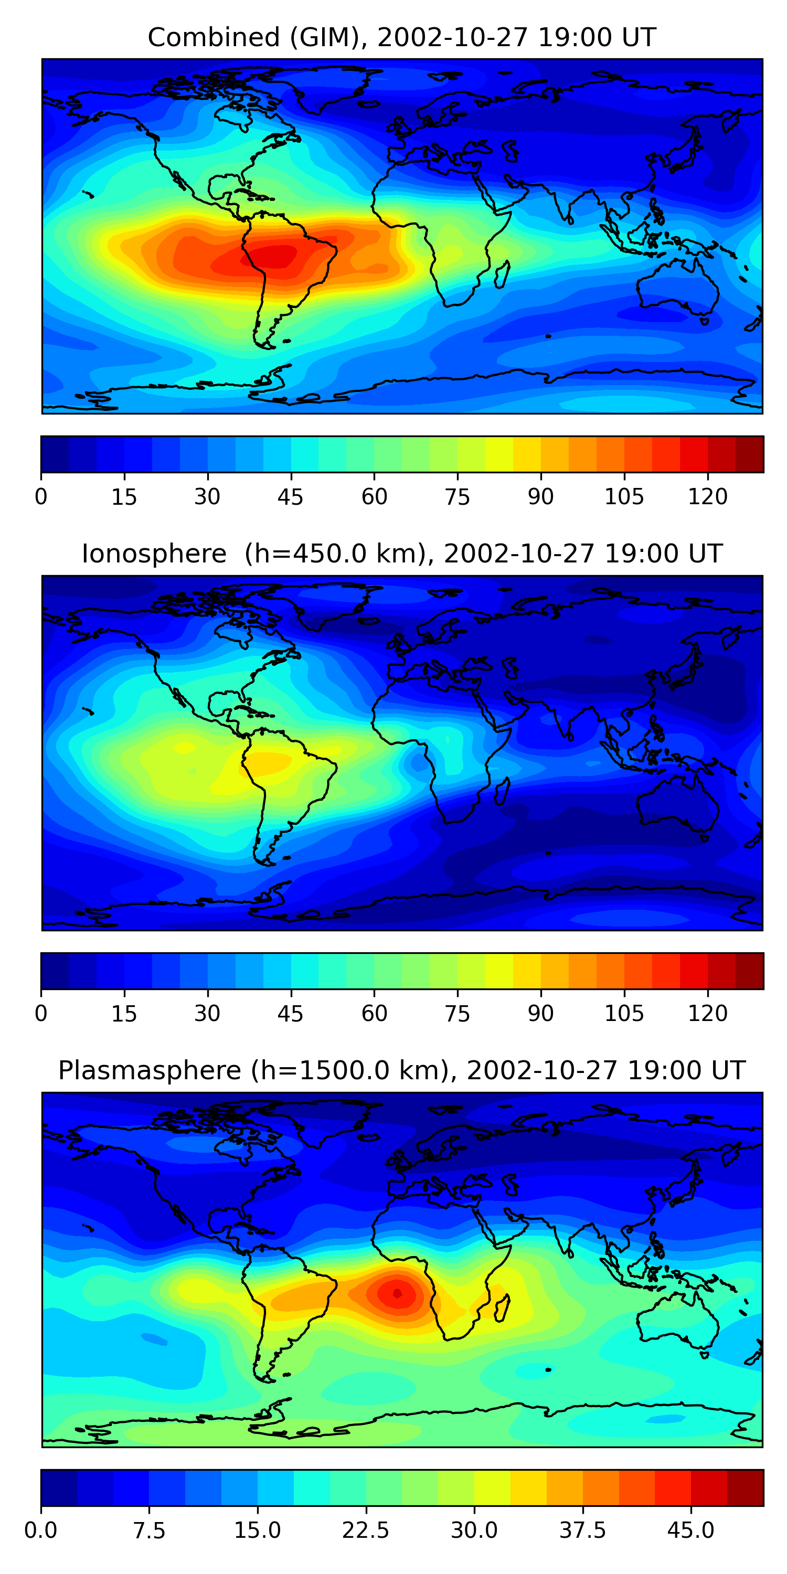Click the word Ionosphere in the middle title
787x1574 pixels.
click(x=154, y=554)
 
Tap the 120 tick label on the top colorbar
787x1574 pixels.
click(x=708, y=497)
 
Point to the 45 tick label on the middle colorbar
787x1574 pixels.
click(x=290, y=1014)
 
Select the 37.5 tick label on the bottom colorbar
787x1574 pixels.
click(x=582, y=1530)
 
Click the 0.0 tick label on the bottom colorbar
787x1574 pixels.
click(x=41, y=1530)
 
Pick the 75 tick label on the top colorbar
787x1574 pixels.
click(x=457, y=497)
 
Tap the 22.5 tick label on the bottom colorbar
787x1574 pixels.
click(x=365, y=1530)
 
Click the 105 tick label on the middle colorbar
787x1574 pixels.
click(x=624, y=1014)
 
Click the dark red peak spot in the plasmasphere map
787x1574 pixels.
click(x=397, y=1293)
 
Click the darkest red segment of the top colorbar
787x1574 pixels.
click(x=749, y=454)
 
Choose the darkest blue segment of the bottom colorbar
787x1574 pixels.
click(x=59, y=1488)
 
